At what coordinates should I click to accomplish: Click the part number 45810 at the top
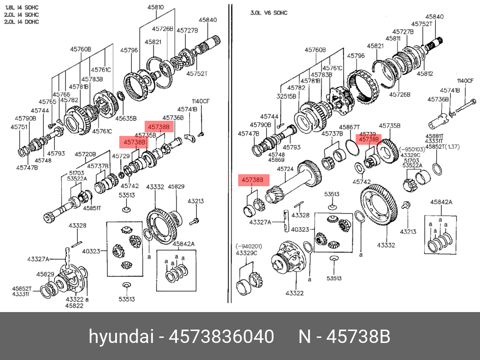point(155,8)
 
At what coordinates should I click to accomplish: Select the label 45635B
point(126,118)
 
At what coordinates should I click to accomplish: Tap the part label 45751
point(19,126)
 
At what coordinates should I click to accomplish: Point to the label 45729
point(121,156)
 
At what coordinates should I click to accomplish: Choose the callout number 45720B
point(85,154)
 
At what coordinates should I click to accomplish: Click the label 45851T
point(92,208)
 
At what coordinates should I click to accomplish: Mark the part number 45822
point(74,306)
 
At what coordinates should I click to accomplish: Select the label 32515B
point(286,97)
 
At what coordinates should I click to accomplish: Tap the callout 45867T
point(349,127)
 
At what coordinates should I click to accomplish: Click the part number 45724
point(285,169)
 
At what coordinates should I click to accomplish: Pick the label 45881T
point(434,136)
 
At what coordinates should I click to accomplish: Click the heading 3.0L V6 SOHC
point(269,13)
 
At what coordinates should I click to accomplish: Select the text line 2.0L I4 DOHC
point(22,22)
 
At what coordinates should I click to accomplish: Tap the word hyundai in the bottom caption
point(121,336)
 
